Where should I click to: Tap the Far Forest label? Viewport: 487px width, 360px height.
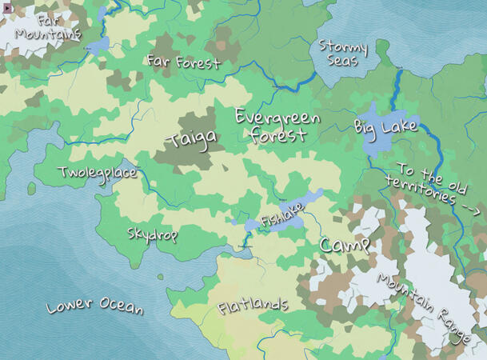(x=182, y=61)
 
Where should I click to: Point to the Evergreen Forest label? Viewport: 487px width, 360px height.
(x=277, y=126)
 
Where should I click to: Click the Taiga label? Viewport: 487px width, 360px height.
(x=191, y=141)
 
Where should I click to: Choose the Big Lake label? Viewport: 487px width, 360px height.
(x=385, y=126)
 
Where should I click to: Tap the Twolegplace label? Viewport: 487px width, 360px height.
(x=97, y=173)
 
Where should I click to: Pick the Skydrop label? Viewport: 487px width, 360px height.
(x=152, y=234)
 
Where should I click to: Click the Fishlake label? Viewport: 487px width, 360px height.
(x=281, y=218)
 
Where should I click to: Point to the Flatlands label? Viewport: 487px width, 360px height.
(x=253, y=306)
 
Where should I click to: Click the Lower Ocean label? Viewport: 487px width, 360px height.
(x=94, y=306)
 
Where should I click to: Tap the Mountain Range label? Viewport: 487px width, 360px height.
(x=423, y=309)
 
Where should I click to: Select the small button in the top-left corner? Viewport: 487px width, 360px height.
(x=6, y=6)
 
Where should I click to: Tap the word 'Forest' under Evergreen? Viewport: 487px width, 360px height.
(x=277, y=135)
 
